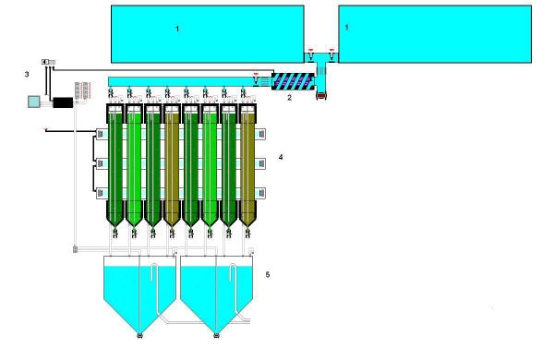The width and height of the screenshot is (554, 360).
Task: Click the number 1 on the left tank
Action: pos(177,29)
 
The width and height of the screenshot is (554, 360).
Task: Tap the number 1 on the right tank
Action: pos(346,27)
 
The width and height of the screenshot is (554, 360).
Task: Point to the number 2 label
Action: pos(289,98)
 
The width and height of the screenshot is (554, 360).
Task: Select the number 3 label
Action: pos(27,74)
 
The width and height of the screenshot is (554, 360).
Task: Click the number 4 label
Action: pos(281,157)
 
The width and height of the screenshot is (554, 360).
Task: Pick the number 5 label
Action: pos(268,274)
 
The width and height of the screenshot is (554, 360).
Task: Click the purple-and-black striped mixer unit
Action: pos(293,81)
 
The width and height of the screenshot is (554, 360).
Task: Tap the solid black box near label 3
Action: pos(63,102)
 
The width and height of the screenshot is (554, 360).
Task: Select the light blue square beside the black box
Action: pos(34,102)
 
